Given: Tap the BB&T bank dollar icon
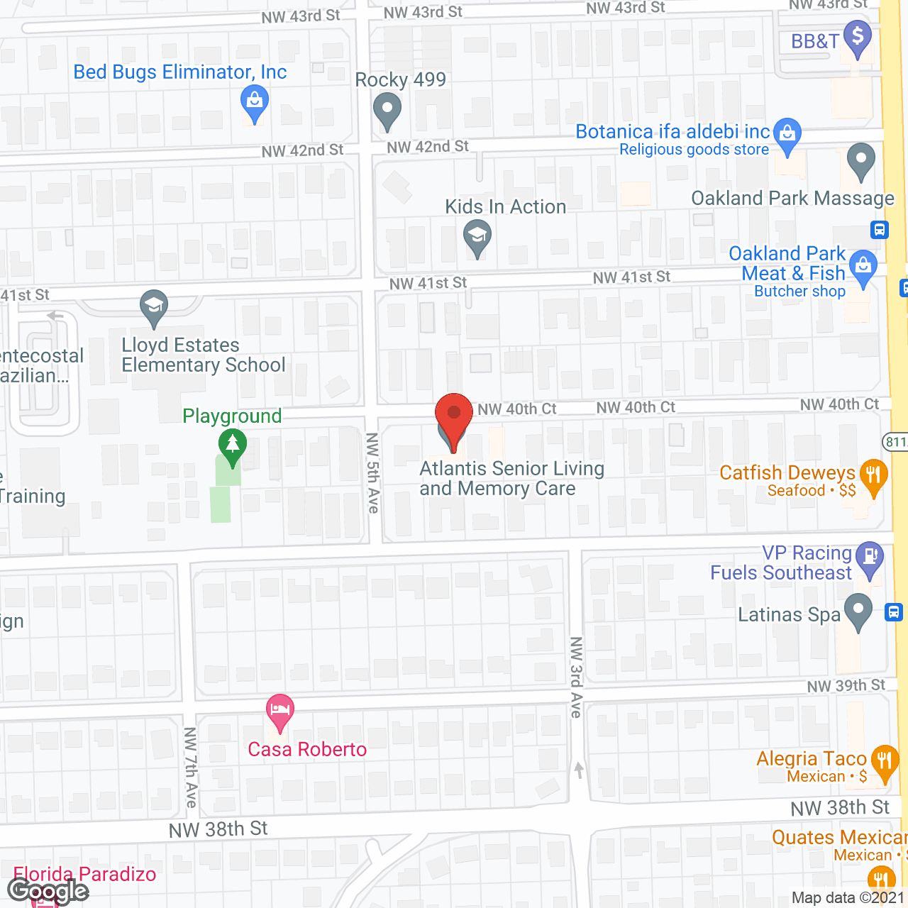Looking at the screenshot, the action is point(858,37).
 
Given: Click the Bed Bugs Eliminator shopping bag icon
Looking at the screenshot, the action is point(254,101).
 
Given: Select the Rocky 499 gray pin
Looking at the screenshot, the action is point(387,110).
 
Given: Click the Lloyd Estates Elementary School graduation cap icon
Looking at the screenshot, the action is point(154,306).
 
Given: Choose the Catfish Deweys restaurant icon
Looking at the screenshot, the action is point(873,475).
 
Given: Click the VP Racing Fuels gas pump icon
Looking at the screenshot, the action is point(870,557).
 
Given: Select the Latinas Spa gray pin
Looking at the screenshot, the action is point(858,610).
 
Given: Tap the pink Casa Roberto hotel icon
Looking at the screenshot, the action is point(280,710).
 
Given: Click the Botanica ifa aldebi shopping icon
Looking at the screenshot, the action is point(787,133).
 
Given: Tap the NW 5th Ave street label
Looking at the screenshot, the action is point(372,472).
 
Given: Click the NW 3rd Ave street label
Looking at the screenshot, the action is point(576,677).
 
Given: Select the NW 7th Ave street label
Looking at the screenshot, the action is point(190,767).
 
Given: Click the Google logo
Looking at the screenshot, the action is point(48,891).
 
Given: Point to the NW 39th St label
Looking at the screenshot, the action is point(846,686).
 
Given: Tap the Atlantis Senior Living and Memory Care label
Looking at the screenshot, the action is point(511,479).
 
